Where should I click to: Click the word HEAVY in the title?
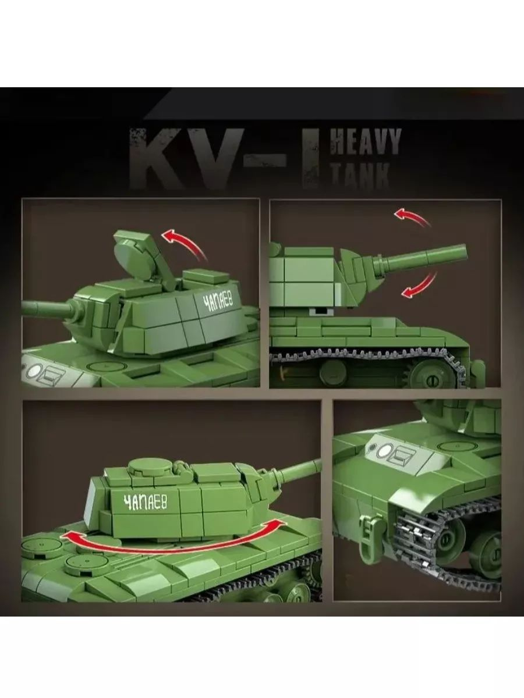365,143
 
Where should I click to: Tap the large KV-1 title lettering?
224,158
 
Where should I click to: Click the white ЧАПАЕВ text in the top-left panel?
218,301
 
